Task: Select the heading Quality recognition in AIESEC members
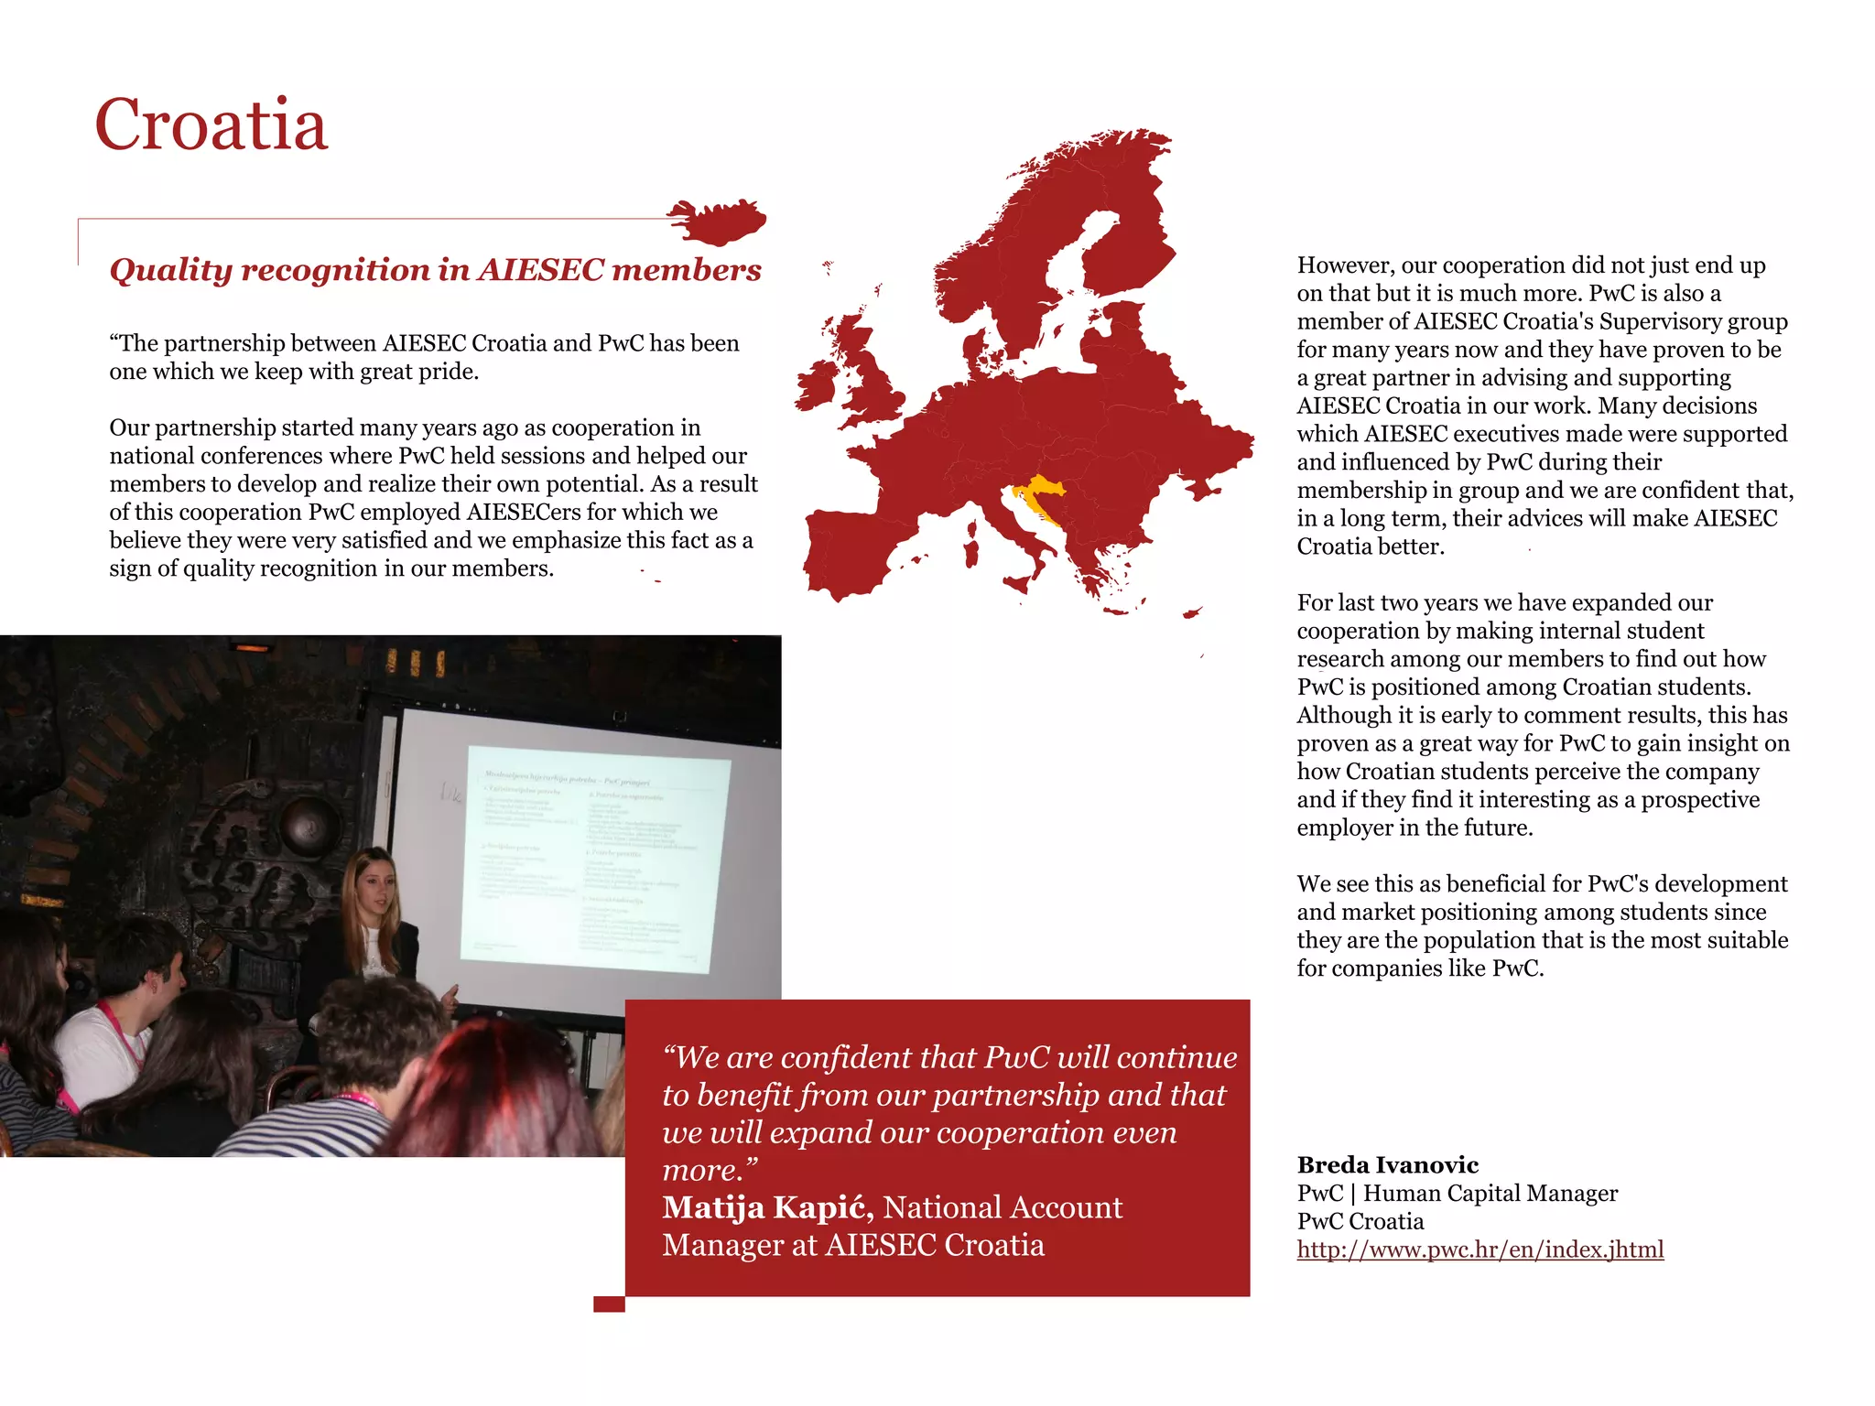click(x=435, y=270)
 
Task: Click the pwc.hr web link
click(x=1479, y=1249)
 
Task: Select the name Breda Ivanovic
click(x=1387, y=1165)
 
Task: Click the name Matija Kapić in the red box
click(x=767, y=1207)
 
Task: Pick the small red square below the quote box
click(x=609, y=1303)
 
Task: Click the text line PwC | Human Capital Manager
click(x=1457, y=1194)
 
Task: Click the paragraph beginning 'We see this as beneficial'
click(x=1542, y=925)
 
